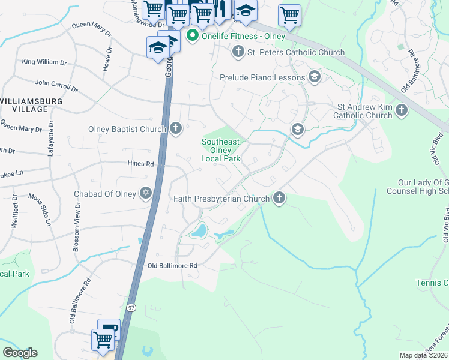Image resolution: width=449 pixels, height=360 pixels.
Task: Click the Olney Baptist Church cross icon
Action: point(176,128)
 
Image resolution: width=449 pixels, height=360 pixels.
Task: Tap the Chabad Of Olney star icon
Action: point(145,193)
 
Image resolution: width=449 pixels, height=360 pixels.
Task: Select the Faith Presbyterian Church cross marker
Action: point(279,197)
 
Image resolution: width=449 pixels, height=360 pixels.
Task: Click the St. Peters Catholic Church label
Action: point(296,52)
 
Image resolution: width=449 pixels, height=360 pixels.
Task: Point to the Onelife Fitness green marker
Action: point(193,36)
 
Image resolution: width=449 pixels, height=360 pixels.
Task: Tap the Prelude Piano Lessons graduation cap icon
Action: point(314,77)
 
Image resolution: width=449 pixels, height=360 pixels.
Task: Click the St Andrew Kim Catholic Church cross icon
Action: point(402,110)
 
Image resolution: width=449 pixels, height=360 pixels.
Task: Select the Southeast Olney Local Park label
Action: point(220,150)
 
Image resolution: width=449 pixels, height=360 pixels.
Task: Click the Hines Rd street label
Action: point(141,163)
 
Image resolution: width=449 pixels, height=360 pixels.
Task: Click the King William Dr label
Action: point(44,62)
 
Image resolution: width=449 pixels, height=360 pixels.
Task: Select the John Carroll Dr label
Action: point(57,85)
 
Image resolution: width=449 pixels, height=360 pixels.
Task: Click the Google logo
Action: point(20,353)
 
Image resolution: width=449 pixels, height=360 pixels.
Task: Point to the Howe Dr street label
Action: point(109,59)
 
